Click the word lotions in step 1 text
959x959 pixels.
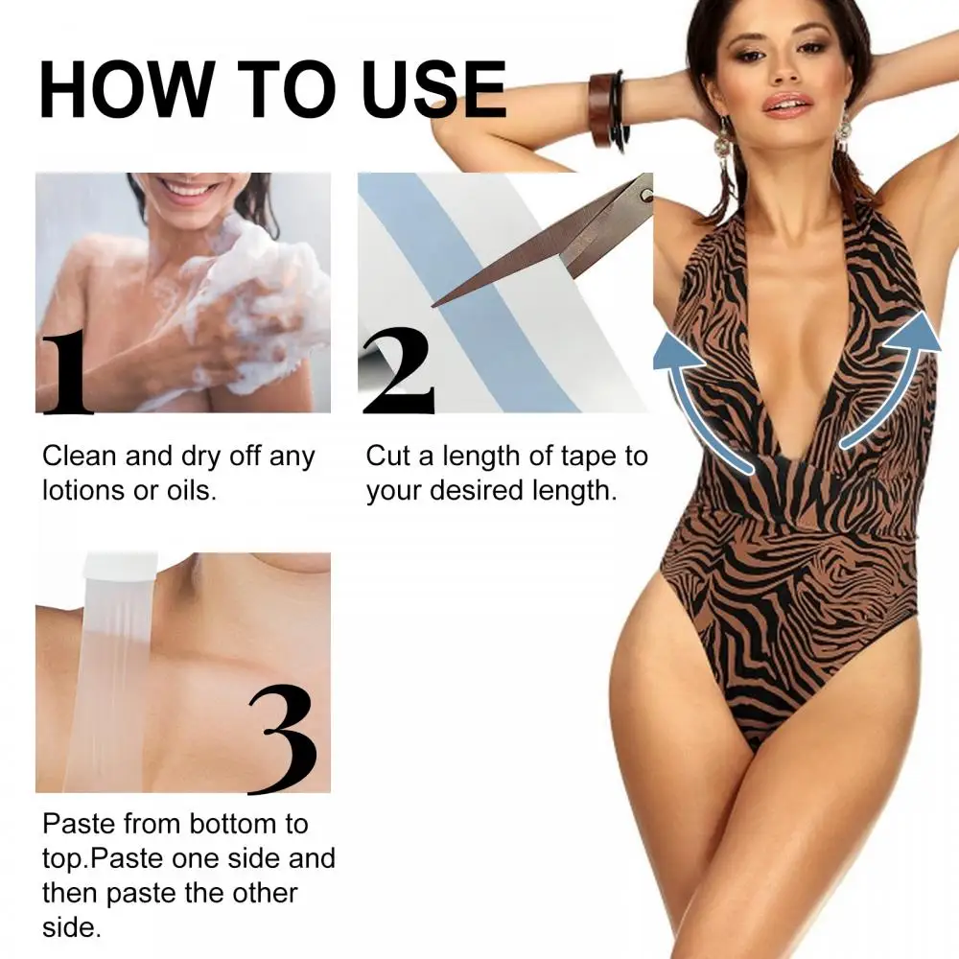coord(90,491)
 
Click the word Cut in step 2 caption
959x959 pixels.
coord(389,456)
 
